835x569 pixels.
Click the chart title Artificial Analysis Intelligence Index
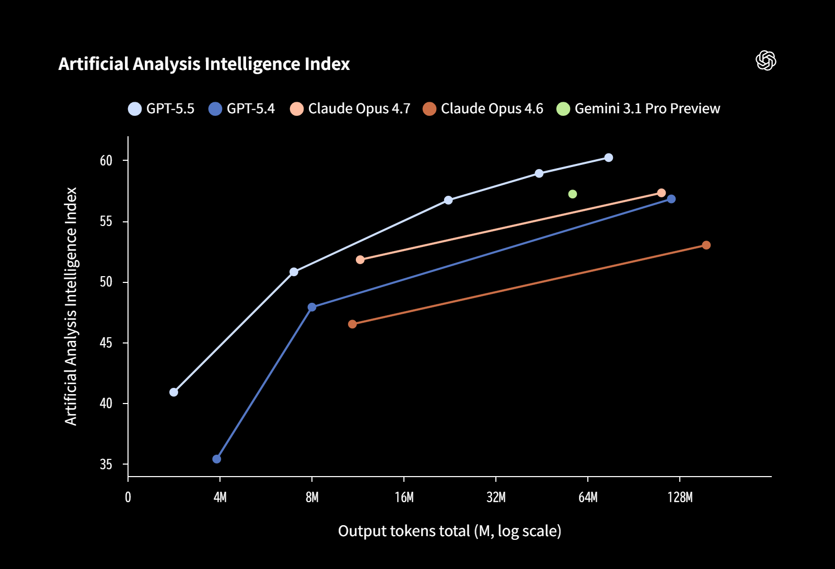click(x=204, y=64)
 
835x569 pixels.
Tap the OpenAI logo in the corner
click(x=766, y=61)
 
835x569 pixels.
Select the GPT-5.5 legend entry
click(x=161, y=109)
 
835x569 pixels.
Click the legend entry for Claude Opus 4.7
click(x=350, y=109)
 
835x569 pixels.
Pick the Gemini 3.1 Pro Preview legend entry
click(x=638, y=109)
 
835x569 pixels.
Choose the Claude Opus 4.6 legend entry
click(x=483, y=109)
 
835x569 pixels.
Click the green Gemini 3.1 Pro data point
click(x=572, y=194)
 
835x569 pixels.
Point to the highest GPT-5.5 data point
click(x=608, y=158)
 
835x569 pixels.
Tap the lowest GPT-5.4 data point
click(x=217, y=459)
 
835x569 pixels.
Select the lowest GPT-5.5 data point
click(x=174, y=392)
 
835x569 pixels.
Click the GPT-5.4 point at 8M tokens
click(x=312, y=307)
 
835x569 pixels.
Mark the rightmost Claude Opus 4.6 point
click(x=706, y=245)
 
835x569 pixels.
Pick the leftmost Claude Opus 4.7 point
click(x=360, y=259)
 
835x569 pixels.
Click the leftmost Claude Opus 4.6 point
click(x=352, y=324)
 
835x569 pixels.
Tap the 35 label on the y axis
click(x=106, y=465)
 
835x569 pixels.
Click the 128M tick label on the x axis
click(x=680, y=497)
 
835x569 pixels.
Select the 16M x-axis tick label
click(x=404, y=497)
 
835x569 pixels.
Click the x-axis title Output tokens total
click(x=449, y=531)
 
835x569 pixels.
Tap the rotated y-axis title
click(x=71, y=306)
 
